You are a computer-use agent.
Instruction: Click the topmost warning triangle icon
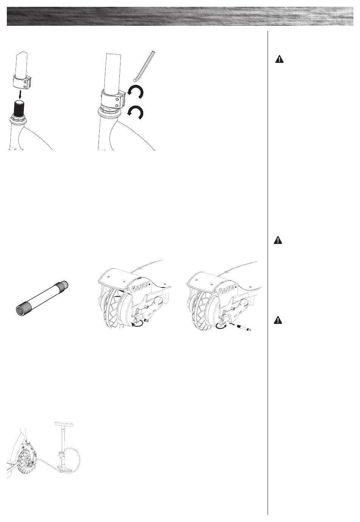(279, 59)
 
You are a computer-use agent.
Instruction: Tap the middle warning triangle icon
(278, 240)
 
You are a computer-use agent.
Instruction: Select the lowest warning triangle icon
(278, 320)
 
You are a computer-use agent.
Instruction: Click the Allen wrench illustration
(144, 66)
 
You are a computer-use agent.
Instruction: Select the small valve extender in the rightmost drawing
(243, 328)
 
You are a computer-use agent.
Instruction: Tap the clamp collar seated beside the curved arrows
(113, 98)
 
